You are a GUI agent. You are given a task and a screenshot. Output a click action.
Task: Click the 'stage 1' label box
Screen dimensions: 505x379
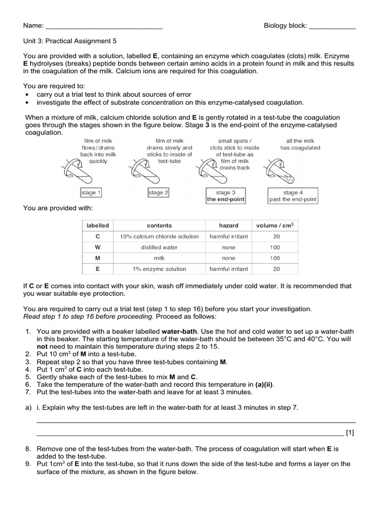coord(91,193)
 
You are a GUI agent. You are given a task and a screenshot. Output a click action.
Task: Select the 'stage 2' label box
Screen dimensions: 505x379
coord(158,193)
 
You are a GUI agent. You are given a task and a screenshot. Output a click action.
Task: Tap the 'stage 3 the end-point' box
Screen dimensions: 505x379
coord(226,196)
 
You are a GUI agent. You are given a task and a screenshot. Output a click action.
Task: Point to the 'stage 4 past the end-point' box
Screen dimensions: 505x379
coord(293,196)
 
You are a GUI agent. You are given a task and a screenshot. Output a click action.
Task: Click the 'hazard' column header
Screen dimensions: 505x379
coord(228,225)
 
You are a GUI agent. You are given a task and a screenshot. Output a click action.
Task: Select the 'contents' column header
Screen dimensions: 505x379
coord(159,225)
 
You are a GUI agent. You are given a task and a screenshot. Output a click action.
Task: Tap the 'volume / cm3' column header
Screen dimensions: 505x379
coord(275,225)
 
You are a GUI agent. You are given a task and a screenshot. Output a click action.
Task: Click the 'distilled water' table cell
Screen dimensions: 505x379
coord(159,247)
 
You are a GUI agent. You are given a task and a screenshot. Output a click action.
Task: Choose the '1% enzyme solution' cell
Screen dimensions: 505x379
coord(159,269)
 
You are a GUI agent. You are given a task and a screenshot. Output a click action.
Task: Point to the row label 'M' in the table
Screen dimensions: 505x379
coord(98,258)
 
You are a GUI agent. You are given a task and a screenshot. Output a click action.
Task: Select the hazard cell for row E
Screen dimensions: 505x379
coord(228,269)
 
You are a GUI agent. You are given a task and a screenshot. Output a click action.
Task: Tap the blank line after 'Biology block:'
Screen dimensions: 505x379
coord(332,26)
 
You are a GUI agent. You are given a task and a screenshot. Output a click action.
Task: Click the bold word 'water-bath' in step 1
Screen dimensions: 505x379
coord(180,331)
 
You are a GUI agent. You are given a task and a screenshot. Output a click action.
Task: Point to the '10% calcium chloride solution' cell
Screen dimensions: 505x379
coord(159,236)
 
